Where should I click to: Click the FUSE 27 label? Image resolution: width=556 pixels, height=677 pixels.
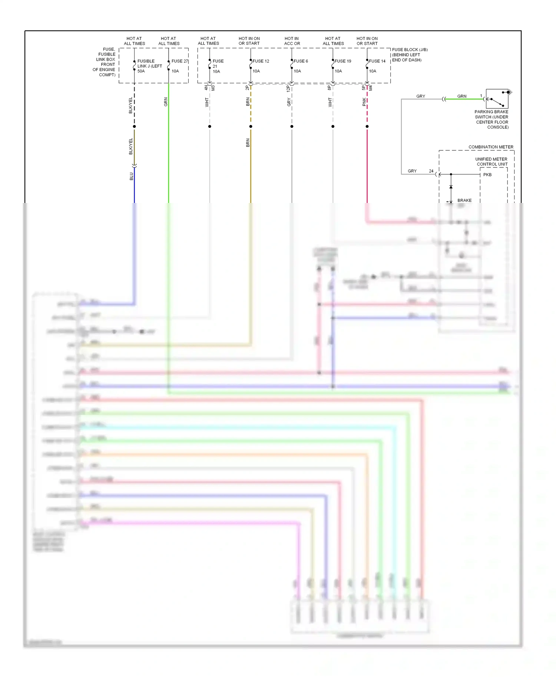[180, 61]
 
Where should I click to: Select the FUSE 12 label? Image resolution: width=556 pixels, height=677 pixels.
[261, 61]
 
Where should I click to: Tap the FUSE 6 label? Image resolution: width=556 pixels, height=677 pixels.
[301, 61]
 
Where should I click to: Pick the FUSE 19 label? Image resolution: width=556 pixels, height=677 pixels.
[343, 61]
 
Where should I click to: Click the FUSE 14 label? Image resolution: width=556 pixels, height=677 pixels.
[377, 61]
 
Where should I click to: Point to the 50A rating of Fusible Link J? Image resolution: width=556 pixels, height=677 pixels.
[141, 71]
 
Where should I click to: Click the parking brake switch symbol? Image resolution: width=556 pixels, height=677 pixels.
[497, 99]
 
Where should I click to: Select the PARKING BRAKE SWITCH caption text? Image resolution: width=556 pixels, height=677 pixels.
[492, 119]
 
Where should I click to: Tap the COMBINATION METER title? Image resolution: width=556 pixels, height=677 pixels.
[491, 147]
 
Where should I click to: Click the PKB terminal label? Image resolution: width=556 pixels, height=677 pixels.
[487, 175]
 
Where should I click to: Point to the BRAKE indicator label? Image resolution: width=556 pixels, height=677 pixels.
[464, 200]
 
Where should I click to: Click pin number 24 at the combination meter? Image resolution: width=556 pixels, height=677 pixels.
[431, 171]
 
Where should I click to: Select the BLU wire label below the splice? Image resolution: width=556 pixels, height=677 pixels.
[131, 176]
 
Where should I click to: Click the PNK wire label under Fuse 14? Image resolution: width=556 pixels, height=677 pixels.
[364, 102]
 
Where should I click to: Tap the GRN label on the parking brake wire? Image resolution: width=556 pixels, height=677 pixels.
[462, 96]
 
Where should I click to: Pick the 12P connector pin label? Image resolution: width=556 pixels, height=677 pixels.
[288, 88]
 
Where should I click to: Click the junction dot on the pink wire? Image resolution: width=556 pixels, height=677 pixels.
[367, 126]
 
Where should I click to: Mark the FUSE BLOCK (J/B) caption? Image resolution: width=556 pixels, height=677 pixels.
[410, 54]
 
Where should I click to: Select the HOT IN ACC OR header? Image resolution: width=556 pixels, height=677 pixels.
[292, 41]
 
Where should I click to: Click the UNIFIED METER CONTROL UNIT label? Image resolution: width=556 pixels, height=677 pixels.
[492, 161]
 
